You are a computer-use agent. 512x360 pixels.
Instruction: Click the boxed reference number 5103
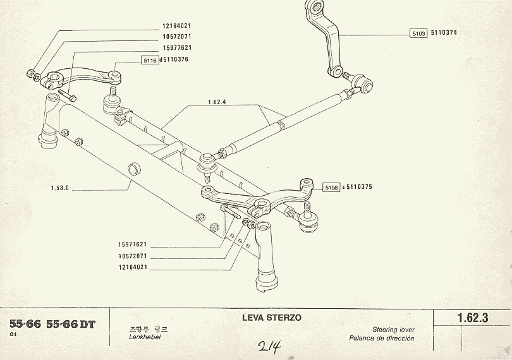418,33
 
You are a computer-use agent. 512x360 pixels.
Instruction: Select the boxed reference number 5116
149,60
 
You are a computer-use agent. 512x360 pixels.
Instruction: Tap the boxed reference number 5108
331,187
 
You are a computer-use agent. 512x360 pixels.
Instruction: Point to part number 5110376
176,60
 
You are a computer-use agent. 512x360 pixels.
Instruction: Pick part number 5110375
358,187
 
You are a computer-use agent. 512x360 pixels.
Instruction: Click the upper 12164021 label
176,26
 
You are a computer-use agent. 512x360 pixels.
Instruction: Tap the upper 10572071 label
176,37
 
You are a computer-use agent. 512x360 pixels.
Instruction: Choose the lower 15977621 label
132,244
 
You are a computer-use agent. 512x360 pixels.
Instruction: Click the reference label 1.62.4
216,102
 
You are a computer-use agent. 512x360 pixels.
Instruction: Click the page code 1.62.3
472,319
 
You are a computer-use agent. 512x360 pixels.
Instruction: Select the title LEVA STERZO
272,318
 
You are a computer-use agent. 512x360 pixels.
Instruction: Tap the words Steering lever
393,330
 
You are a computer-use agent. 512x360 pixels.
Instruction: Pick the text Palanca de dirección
382,339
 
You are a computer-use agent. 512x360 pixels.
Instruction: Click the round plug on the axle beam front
134,167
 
